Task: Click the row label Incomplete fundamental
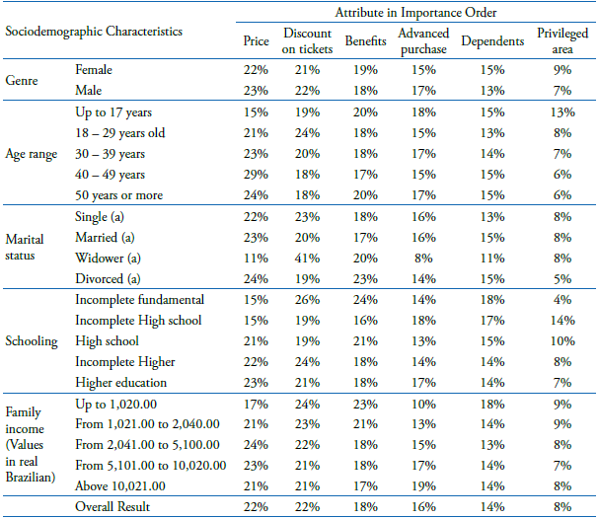point(139,299)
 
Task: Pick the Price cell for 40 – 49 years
point(256,175)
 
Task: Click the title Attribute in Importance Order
point(414,13)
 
